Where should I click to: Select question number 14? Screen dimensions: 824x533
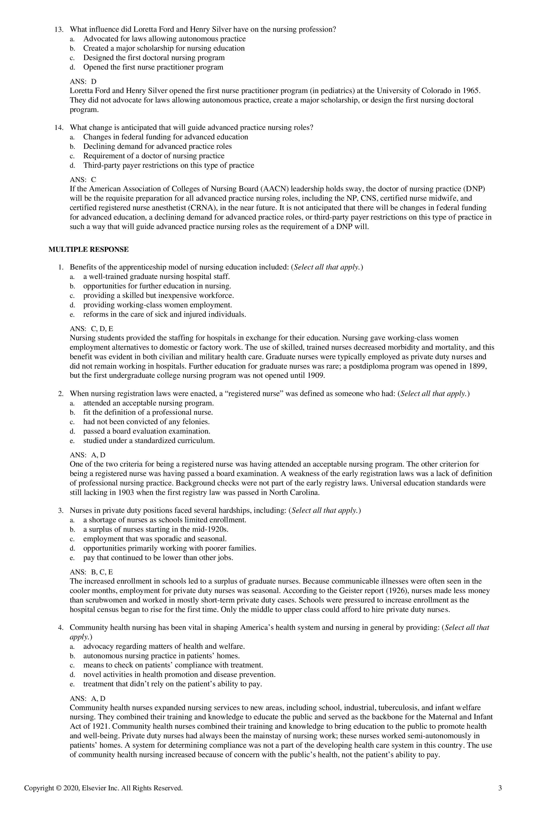pyautogui.click(x=58, y=128)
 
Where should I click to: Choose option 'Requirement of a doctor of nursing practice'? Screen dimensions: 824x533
pyautogui.click(x=154, y=156)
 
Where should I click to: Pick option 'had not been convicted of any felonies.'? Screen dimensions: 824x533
pyautogui.click(x=146, y=422)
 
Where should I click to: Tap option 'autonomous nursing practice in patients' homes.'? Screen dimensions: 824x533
pyautogui.click(x=161, y=656)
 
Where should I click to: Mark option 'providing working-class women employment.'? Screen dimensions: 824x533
pyautogui.click(x=157, y=305)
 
